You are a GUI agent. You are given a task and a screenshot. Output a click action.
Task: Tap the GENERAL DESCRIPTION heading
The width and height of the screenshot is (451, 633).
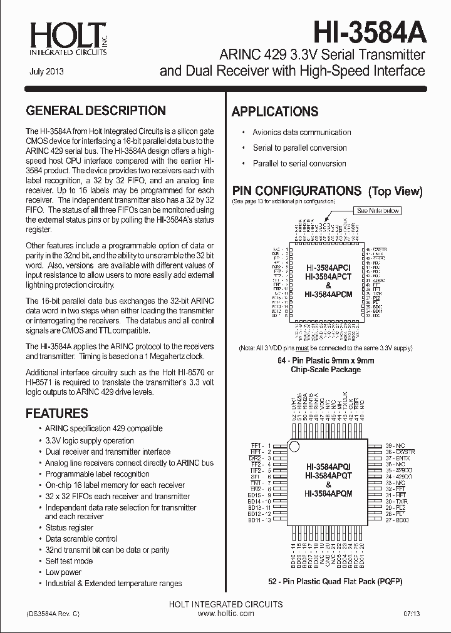coord(96,111)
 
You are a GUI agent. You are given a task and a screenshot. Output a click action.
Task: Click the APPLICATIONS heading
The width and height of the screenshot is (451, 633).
coord(275,112)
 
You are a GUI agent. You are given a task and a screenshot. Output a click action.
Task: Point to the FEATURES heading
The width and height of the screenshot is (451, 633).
coord(56,413)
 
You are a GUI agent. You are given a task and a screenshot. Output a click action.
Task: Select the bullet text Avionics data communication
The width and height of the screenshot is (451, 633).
coord(301,133)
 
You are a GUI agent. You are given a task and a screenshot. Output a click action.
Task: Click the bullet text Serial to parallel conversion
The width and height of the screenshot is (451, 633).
coord(299,148)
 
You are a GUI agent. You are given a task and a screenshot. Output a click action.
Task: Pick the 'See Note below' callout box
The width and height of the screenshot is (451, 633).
coord(378,211)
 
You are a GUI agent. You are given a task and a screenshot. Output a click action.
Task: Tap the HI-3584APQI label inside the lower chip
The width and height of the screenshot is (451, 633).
coord(328,467)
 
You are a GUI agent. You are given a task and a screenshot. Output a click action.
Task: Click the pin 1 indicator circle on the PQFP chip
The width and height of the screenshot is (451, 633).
coord(293,445)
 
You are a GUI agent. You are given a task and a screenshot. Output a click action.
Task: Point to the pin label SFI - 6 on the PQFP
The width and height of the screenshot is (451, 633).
coord(260,476)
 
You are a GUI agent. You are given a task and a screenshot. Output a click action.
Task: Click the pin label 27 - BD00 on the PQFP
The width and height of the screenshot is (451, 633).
coord(398,520)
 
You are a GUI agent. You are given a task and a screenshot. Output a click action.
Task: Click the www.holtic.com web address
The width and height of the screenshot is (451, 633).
coord(225,614)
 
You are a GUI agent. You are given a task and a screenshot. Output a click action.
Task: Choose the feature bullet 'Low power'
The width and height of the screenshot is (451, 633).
coord(63,572)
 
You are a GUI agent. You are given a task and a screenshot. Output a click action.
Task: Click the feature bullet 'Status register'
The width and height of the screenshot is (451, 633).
coord(69,528)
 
